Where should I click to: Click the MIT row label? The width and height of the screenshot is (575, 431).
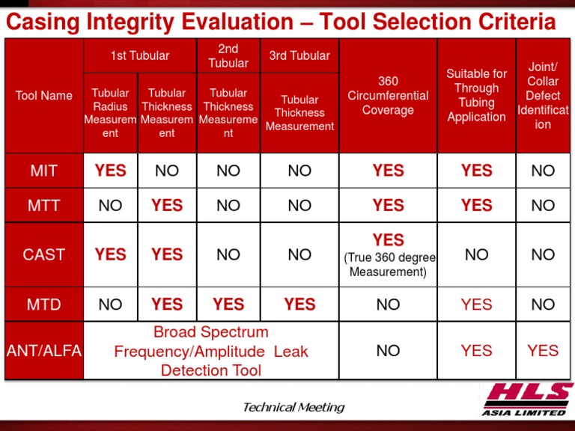click(x=43, y=171)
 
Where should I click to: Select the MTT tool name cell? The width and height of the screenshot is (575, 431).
click(x=43, y=205)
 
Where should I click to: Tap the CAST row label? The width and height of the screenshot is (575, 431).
click(x=43, y=254)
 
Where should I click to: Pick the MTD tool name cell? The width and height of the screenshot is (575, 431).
click(x=43, y=305)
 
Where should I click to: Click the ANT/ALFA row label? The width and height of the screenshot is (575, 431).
click(x=43, y=350)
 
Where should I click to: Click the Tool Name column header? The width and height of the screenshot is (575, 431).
click(x=43, y=96)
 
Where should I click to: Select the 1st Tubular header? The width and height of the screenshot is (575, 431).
click(x=140, y=55)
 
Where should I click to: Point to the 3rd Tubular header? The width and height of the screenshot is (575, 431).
click(x=299, y=55)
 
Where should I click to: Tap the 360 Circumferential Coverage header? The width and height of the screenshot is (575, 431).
click(x=388, y=96)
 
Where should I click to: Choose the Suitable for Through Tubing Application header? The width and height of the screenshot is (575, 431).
click(x=476, y=96)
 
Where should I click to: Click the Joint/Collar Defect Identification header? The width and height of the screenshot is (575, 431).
click(x=543, y=96)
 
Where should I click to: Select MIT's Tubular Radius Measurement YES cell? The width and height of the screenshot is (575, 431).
click(x=110, y=171)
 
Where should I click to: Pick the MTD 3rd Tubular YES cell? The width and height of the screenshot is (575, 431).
click(x=299, y=305)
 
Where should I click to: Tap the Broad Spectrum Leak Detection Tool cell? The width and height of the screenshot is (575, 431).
click(x=210, y=351)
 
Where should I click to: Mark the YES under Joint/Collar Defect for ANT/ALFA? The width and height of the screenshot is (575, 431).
click(x=543, y=350)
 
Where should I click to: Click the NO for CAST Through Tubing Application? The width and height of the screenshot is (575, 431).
click(x=476, y=254)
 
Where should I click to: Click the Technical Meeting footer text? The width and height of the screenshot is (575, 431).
click(x=293, y=407)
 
